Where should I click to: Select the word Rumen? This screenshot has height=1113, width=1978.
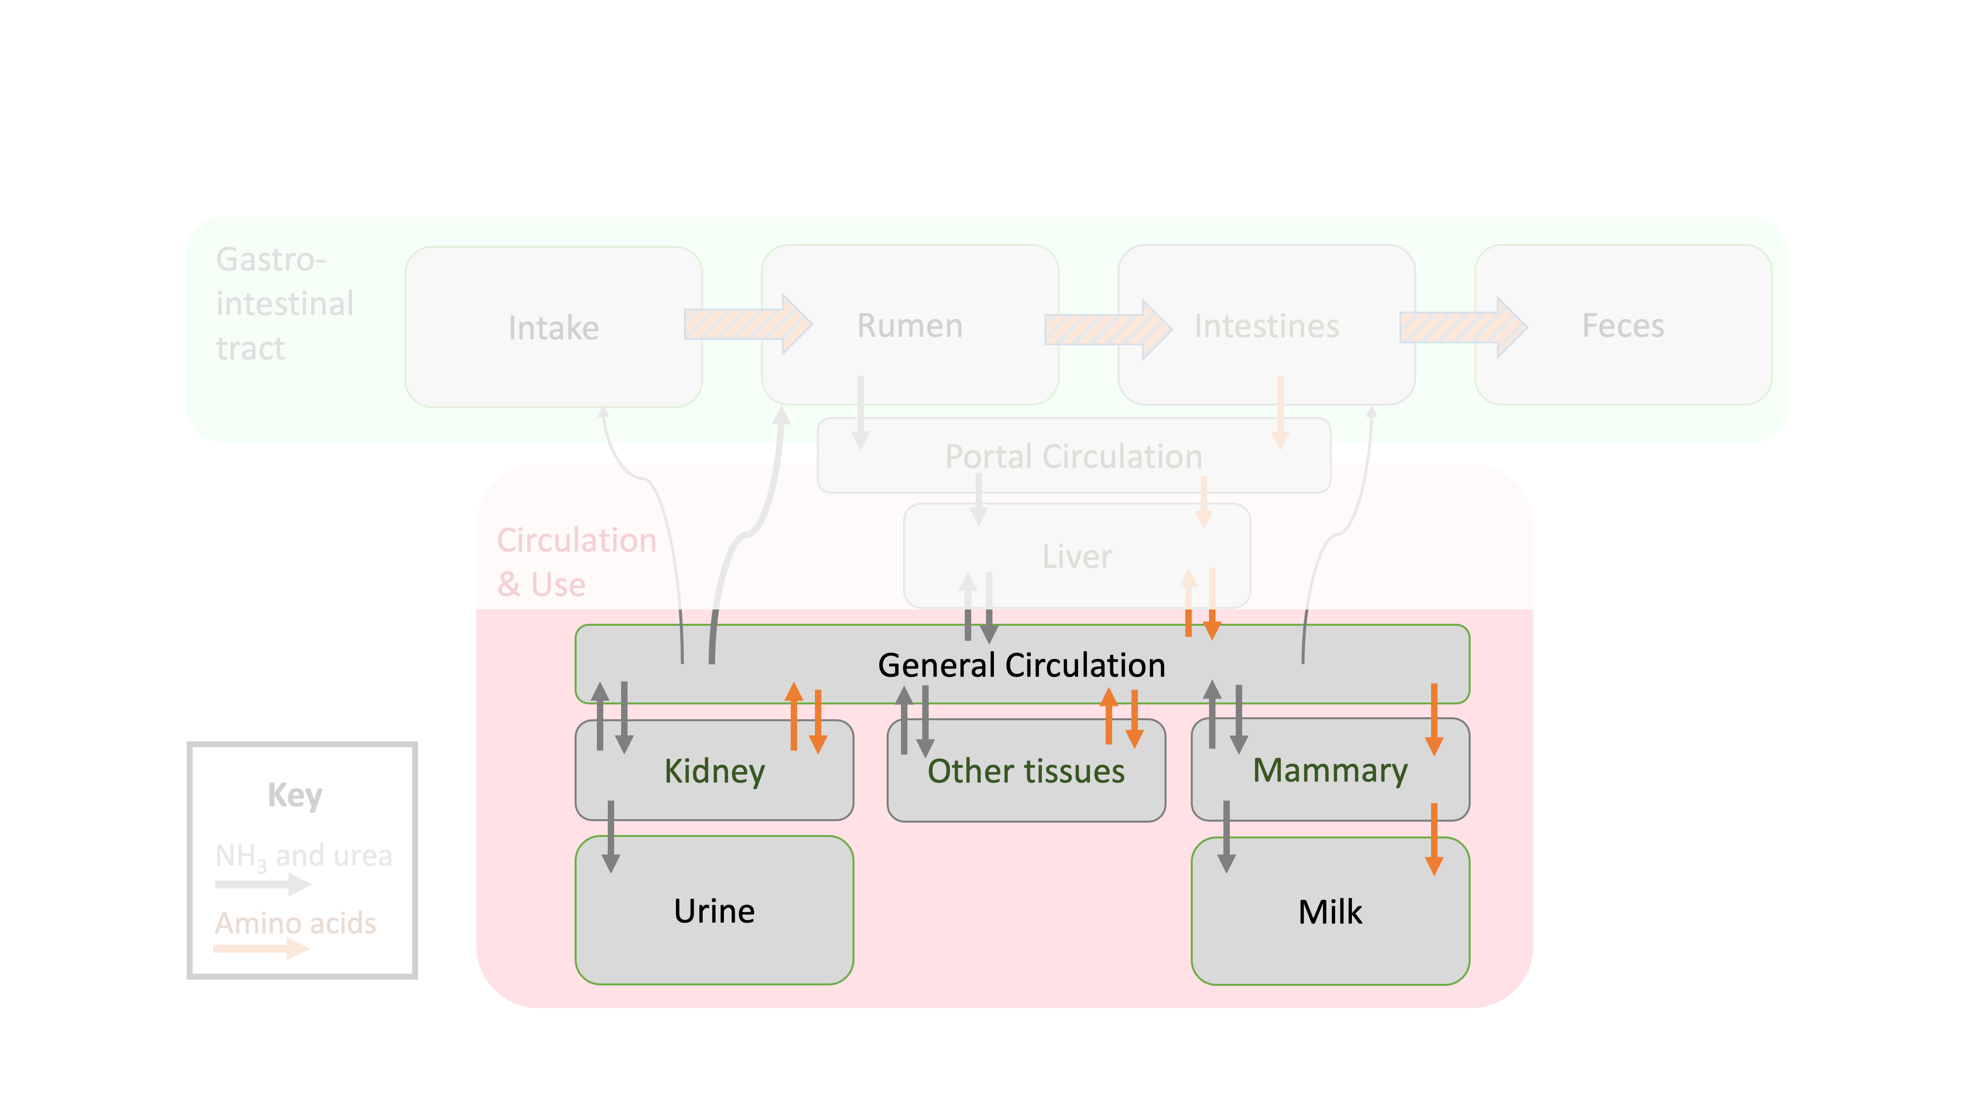(909, 325)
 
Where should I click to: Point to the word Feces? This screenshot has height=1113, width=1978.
(1622, 325)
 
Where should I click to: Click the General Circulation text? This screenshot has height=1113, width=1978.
(1021, 665)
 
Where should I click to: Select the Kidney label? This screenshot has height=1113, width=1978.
(714, 770)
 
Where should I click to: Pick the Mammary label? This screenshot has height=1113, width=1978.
(1329, 770)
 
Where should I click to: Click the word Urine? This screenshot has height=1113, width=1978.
(714, 911)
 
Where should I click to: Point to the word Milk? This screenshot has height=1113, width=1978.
(1329, 912)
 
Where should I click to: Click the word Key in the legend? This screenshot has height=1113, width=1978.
(295, 794)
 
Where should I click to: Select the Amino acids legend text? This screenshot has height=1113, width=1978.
(296, 923)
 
